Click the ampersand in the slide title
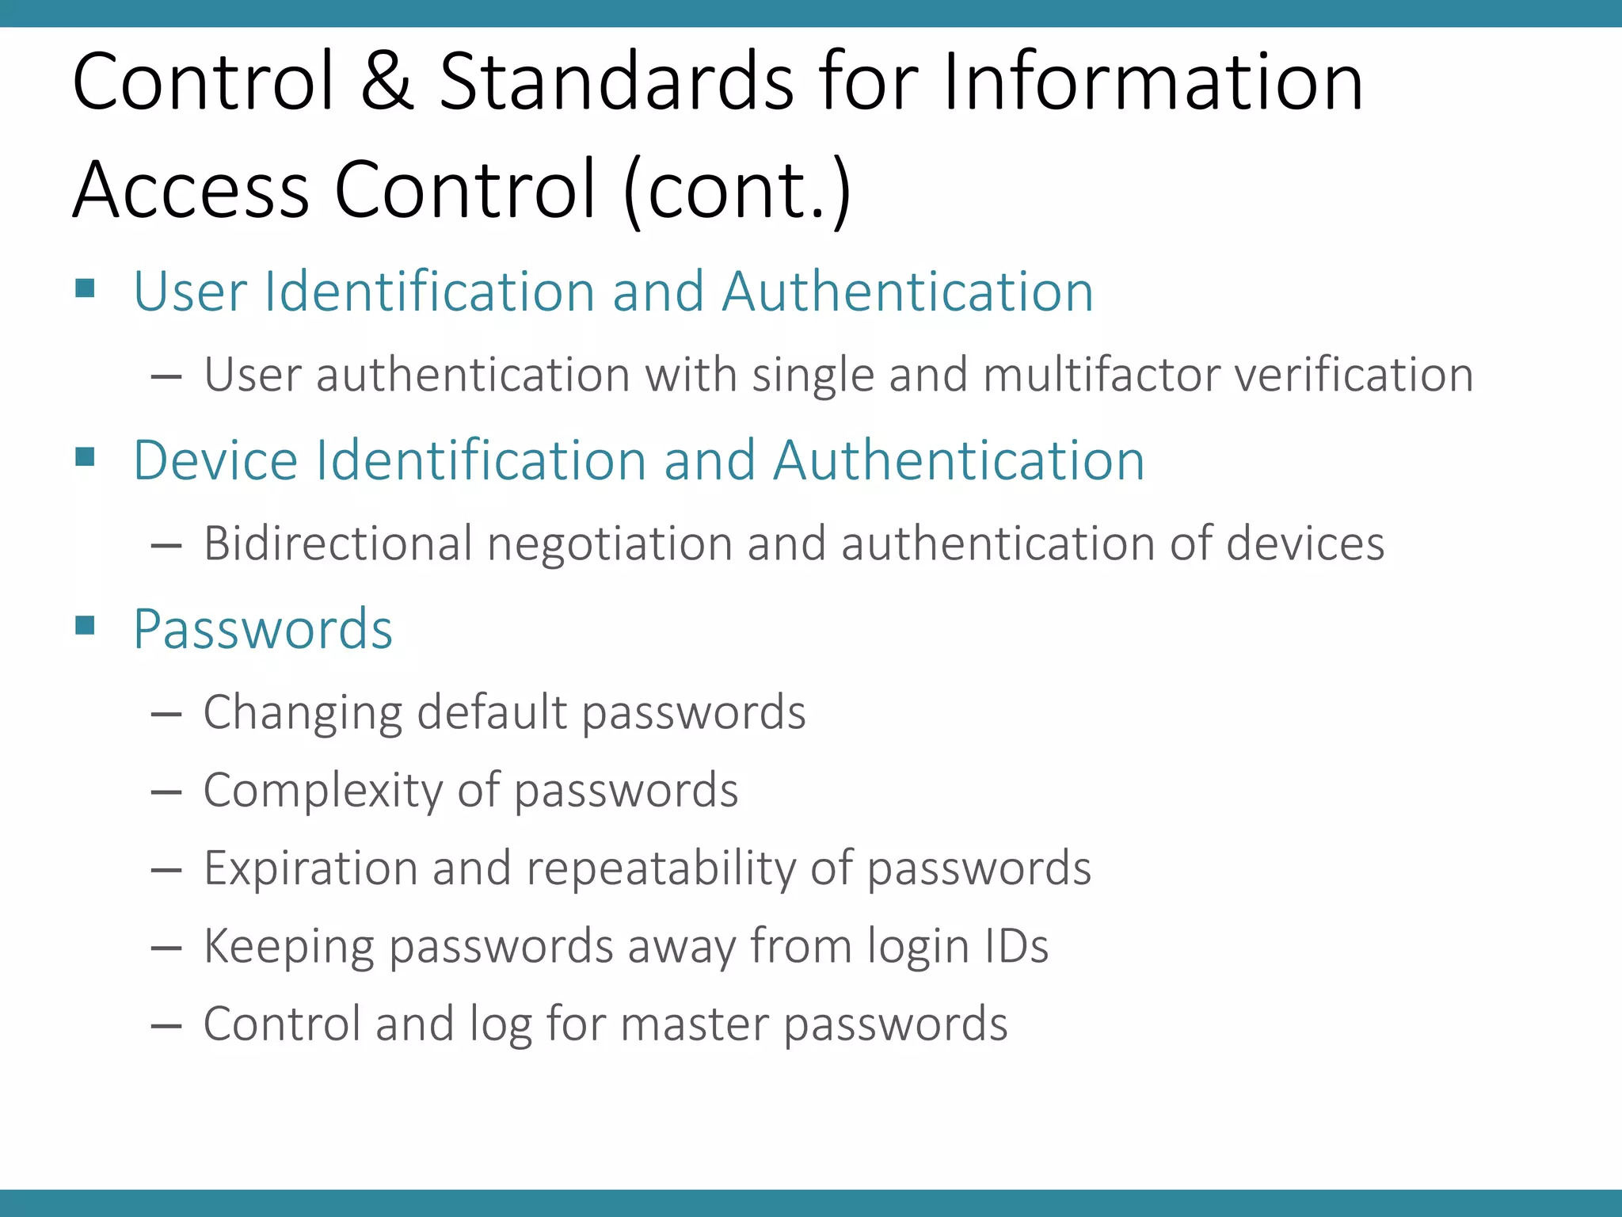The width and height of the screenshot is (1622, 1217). [387, 82]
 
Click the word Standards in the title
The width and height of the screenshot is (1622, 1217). [616, 82]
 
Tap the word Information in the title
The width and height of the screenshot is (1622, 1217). [1153, 82]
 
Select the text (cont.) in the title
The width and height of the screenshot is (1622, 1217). [737, 191]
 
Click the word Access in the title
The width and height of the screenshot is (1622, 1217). [191, 191]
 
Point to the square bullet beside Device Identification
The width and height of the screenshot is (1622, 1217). [86, 456]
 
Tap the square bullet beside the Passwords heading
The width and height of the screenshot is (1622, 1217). [86, 626]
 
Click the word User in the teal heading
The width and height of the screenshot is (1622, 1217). [189, 292]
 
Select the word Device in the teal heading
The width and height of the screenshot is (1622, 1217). [215, 460]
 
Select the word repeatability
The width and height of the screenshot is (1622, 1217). [661, 868]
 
